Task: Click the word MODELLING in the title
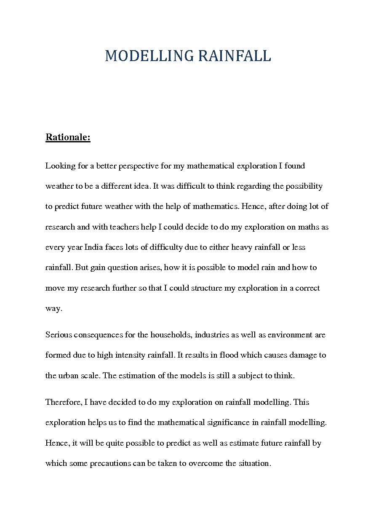pyautogui.click(x=149, y=56)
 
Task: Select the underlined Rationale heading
pyautogui.click(x=68, y=137)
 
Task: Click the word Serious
pyautogui.click(x=59, y=335)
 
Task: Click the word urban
pyautogui.click(x=69, y=376)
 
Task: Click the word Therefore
pyautogui.click(x=64, y=402)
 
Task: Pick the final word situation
pyautogui.click(x=254, y=463)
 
